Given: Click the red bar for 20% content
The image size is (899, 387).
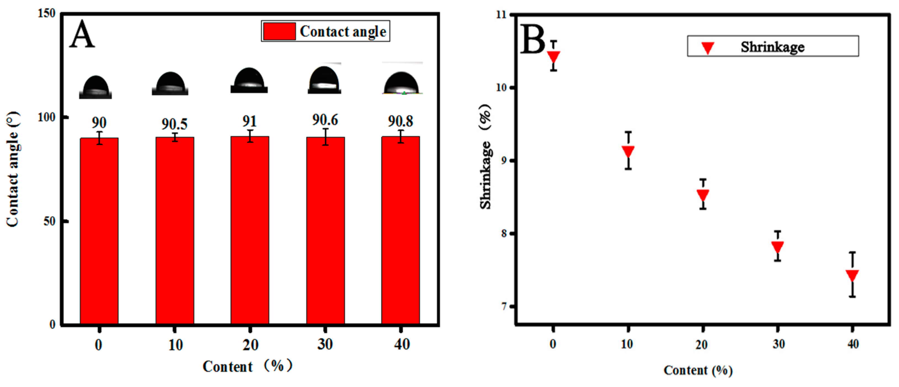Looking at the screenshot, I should pyautogui.click(x=250, y=230).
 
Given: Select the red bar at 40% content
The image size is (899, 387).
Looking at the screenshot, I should pyautogui.click(x=400, y=230).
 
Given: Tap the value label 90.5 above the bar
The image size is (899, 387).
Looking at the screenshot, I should pyautogui.click(x=174, y=124).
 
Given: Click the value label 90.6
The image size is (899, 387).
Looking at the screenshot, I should pyautogui.click(x=325, y=120).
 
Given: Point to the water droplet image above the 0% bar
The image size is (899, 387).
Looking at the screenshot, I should pyautogui.click(x=95, y=87).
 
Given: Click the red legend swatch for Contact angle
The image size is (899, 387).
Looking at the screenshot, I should pyautogui.click(x=279, y=31).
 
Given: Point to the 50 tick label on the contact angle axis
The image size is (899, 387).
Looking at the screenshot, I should pyautogui.click(x=49, y=221).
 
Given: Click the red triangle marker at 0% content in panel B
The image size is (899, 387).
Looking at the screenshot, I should pyautogui.click(x=553, y=56).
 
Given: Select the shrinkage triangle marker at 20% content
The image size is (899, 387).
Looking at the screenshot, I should pyautogui.click(x=703, y=194).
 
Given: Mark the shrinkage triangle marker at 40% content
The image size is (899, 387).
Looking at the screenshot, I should pyautogui.click(x=852, y=275).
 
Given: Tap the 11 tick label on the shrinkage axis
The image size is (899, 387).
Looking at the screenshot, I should pyautogui.click(x=502, y=15).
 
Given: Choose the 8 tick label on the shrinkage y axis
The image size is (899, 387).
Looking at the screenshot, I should pyautogui.click(x=504, y=233).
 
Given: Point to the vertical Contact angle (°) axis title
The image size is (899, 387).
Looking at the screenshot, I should pyautogui.click(x=13, y=169).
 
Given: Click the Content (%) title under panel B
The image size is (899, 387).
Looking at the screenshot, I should pyautogui.click(x=698, y=370).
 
